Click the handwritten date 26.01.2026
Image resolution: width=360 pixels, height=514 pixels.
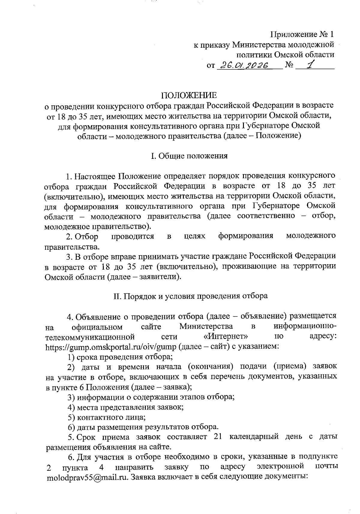pos(244,65)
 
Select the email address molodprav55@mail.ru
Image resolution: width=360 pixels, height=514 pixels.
pos(87,477)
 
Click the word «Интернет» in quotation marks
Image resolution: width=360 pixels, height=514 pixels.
pos(226,336)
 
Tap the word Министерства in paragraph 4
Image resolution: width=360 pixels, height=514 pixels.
pos(206,326)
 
